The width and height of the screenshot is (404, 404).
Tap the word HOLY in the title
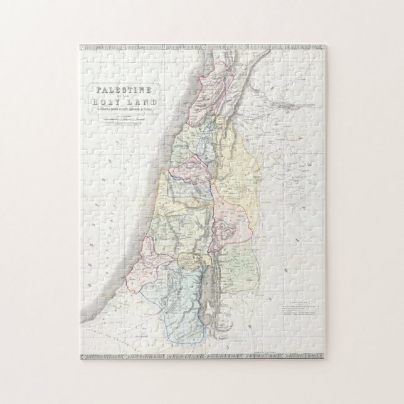pos(111,104)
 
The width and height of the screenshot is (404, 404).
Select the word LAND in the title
pos(143,104)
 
